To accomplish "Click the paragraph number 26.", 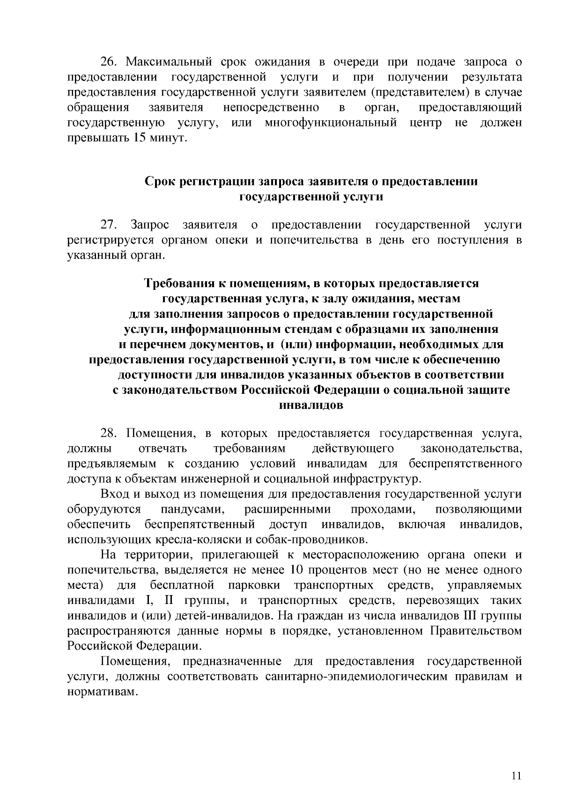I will point(111,62).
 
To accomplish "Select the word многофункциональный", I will point(331,124).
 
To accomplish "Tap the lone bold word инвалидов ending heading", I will point(311,405).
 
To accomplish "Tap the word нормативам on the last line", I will point(103,692).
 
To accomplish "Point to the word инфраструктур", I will point(377,479).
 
